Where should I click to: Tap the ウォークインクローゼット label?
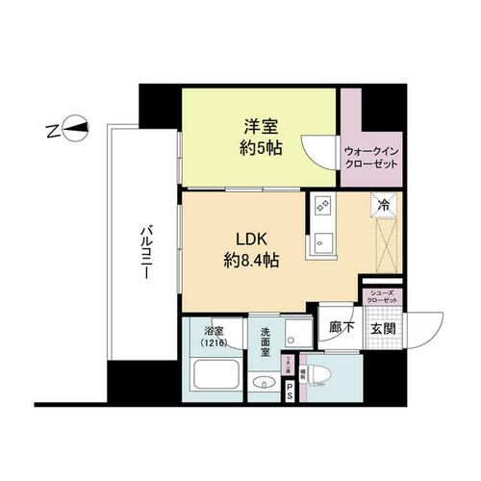tap(370, 157)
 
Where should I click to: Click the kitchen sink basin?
tap(320, 241)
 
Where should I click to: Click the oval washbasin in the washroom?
tap(261, 386)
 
